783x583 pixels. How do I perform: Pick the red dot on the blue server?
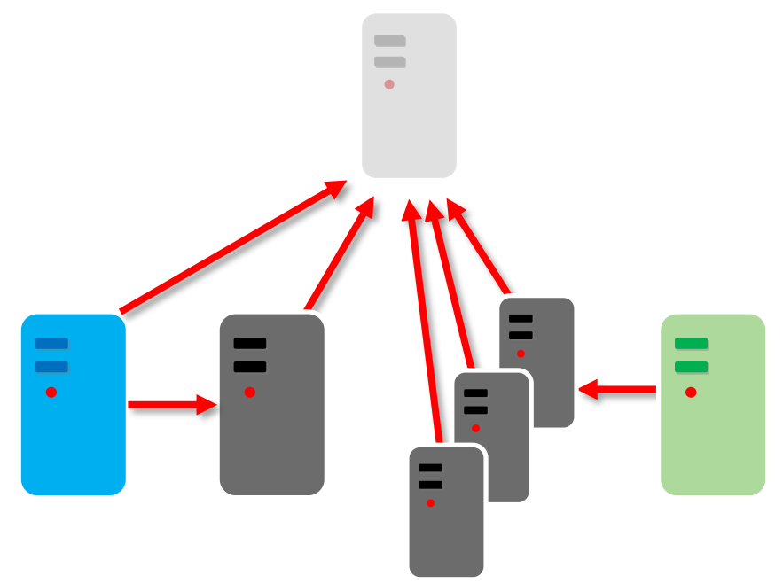pos(51,392)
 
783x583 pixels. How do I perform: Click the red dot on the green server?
pos(691,392)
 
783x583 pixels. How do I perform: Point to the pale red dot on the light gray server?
pos(389,84)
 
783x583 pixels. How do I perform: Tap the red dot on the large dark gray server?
pos(250,392)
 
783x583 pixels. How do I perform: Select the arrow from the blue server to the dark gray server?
pos(173,405)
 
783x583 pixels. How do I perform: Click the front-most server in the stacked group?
pos(446,532)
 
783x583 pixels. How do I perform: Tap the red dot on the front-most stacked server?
pos(430,503)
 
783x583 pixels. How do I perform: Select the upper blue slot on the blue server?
pos(51,344)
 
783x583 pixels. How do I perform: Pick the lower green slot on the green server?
pos(691,367)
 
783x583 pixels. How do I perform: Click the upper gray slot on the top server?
pos(389,41)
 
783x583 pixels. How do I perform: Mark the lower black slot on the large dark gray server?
pos(250,367)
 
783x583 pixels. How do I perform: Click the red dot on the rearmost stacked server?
pos(521,354)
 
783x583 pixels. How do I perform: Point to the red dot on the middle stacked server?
pos(475,428)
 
